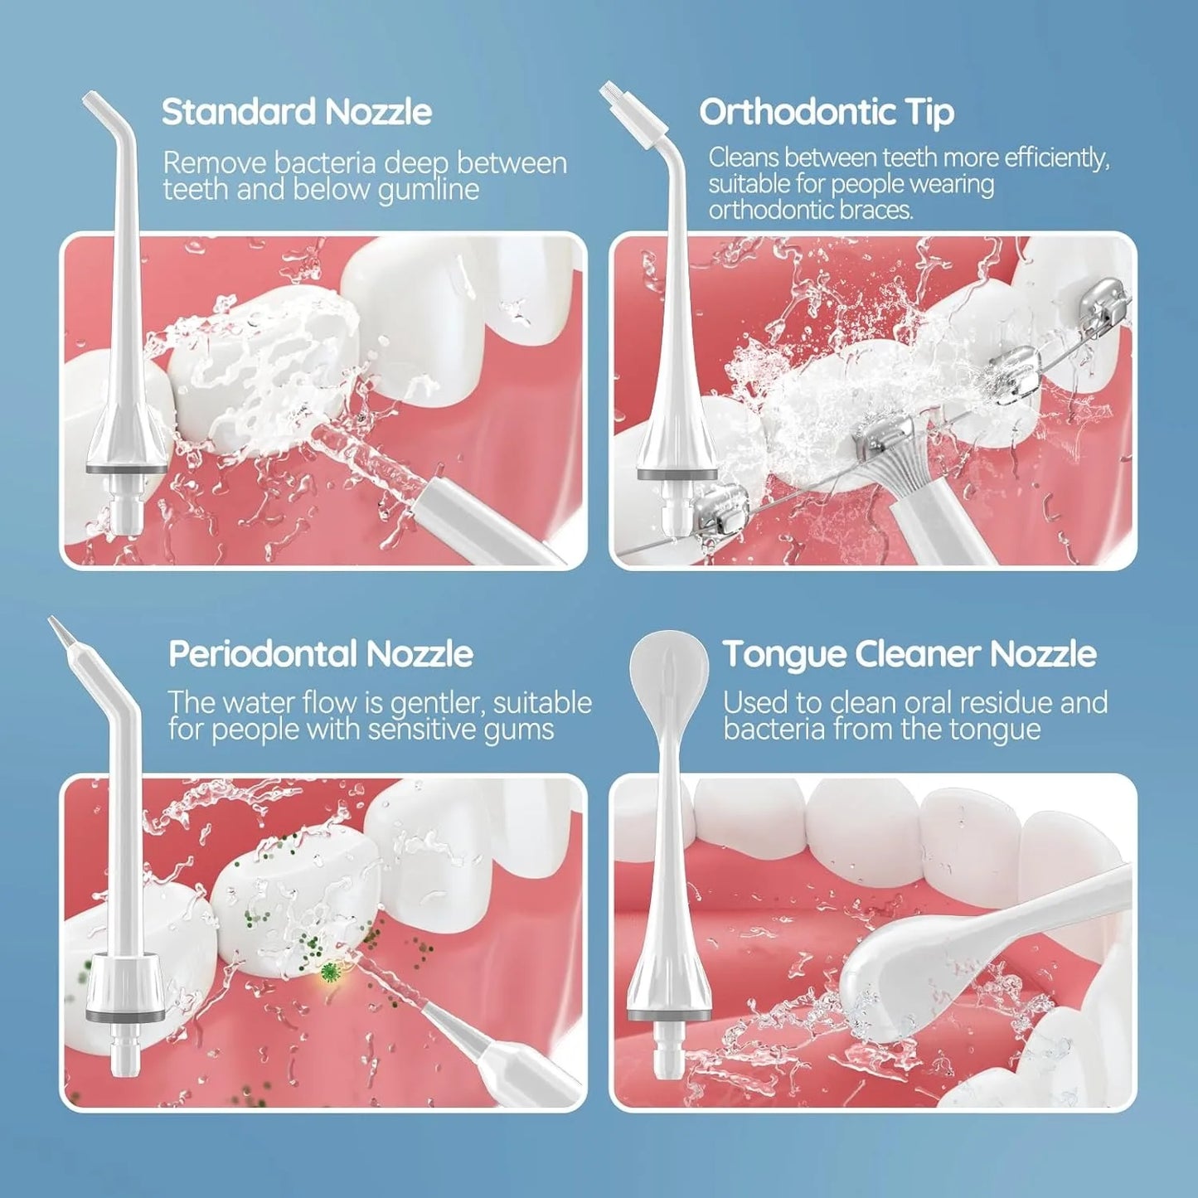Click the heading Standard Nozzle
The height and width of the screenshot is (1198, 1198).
296,112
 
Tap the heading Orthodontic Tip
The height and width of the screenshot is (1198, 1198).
826,112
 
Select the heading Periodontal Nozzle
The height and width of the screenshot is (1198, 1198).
320,654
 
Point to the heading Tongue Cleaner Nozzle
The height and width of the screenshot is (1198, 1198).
909,654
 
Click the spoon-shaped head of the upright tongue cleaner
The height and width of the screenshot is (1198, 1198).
668,668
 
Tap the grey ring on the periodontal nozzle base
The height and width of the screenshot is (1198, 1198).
124,1016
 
